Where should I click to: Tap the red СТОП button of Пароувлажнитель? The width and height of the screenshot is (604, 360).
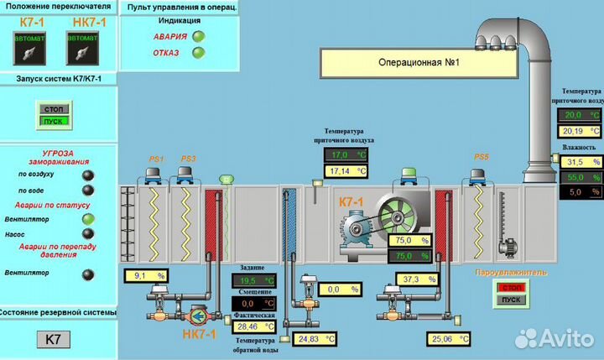click(x=509, y=287)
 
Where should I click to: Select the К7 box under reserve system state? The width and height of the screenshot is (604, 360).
click(x=52, y=340)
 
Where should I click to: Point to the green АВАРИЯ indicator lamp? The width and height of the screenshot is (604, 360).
click(x=199, y=36)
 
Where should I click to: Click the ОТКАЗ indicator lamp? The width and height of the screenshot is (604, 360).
click(x=199, y=53)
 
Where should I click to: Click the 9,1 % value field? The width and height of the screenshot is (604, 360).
click(x=144, y=275)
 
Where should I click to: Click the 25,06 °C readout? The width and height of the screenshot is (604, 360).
click(x=450, y=339)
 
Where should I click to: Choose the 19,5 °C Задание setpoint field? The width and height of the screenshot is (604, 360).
click(x=253, y=280)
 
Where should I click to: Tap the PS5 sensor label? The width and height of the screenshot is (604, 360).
click(x=481, y=157)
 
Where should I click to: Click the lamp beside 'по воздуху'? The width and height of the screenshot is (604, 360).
click(x=86, y=175)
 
